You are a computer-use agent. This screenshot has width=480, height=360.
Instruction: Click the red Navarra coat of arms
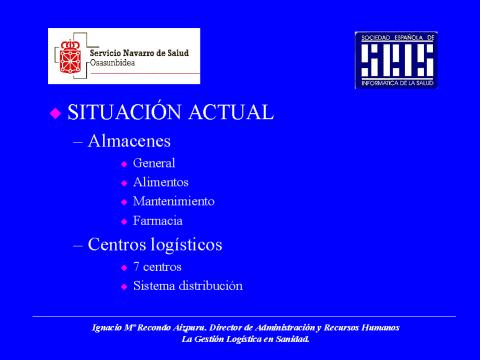tap(70, 57)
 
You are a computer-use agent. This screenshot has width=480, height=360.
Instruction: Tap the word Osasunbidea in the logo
tap(112, 63)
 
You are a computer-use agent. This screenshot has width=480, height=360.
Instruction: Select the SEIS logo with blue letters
tap(397, 60)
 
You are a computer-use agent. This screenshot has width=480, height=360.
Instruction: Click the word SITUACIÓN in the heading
tap(125, 112)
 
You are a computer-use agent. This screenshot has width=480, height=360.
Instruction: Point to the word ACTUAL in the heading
tap(231, 112)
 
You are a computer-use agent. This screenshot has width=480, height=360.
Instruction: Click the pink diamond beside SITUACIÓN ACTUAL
tap(55, 113)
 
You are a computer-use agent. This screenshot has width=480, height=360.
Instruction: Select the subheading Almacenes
tap(129, 141)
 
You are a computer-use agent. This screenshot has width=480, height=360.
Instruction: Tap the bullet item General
tap(154, 163)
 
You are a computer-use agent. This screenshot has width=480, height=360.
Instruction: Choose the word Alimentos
tap(161, 182)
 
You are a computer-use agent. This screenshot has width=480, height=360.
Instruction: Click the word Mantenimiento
tap(174, 201)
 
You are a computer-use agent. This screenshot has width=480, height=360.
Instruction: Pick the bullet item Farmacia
tap(158, 221)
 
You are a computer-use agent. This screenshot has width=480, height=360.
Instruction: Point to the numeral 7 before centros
tap(136, 267)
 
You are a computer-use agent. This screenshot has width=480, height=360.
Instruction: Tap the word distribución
tap(211, 286)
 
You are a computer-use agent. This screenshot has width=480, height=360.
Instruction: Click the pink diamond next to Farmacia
tap(124, 221)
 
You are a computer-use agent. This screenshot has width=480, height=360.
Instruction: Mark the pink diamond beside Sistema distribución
tap(124, 286)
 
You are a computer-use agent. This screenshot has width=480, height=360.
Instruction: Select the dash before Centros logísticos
tap(78, 245)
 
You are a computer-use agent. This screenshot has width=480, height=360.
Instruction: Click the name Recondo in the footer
tap(154, 328)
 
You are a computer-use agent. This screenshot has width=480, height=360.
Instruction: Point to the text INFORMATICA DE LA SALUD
tap(397, 83)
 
